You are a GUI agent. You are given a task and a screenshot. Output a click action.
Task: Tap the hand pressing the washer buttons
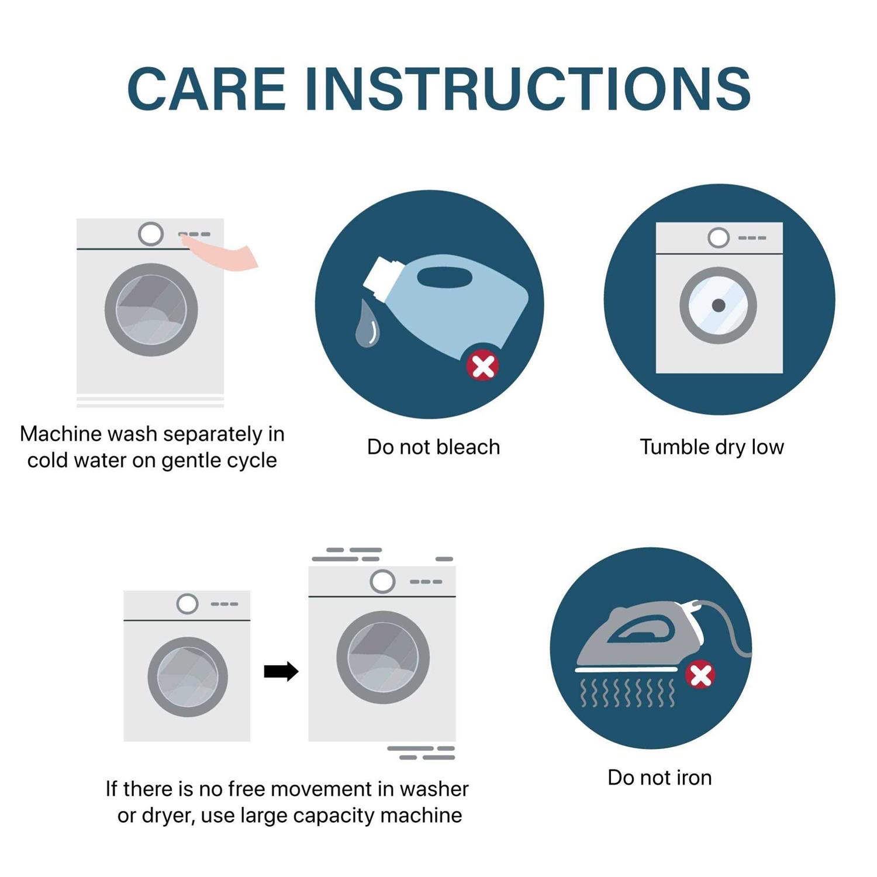(x=225, y=255)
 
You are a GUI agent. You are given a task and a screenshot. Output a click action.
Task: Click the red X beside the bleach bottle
(x=482, y=367)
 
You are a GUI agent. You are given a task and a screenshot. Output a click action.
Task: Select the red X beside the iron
(x=700, y=675)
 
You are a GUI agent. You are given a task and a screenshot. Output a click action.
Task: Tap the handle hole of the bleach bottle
(x=444, y=277)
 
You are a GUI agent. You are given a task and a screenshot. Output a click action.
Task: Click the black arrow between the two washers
(x=281, y=671)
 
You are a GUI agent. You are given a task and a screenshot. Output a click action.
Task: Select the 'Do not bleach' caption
(x=433, y=447)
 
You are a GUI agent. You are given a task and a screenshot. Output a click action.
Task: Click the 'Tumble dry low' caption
(x=712, y=447)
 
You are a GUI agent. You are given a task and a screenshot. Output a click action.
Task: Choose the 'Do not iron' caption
(x=660, y=778)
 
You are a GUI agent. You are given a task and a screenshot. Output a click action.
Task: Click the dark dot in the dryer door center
(x=719, y=305)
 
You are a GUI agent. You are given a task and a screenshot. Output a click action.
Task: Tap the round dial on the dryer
(x=718, y=238)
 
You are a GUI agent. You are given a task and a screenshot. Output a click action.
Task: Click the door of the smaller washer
(x=187, y=677)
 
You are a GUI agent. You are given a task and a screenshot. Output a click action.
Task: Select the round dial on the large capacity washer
(x=382, y=581)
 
